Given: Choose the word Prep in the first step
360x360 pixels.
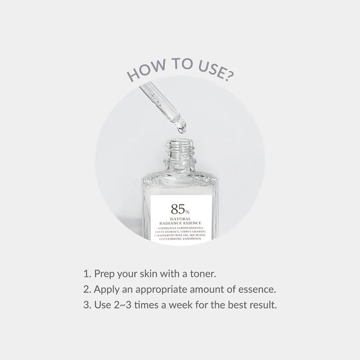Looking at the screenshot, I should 104,274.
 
